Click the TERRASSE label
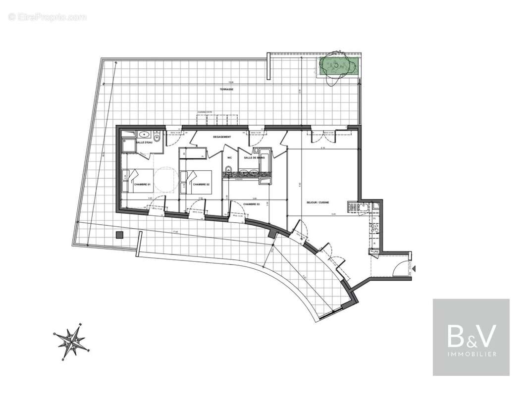coord(227,90)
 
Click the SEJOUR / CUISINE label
coord(317,202)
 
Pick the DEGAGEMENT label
coord(222,137)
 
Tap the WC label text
coord(229,158)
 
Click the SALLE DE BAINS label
coord(253,158)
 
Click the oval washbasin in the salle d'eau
coord(145,134)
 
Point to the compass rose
coord(72,341)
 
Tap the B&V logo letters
coord(471,336)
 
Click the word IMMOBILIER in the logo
coord(471,354)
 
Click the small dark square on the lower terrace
coord(119,235)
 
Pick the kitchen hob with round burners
coord(374,228)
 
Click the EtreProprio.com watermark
coord(47,17)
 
